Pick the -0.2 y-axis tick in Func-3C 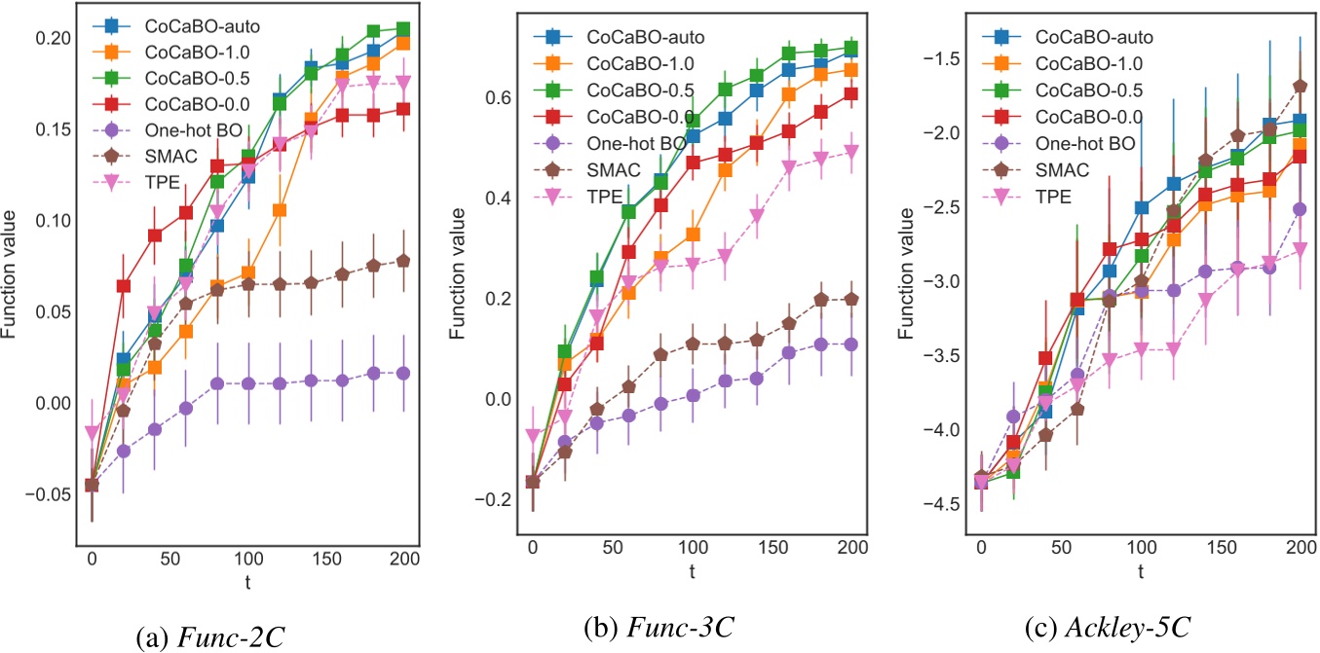pyautogui.click(x=496, y=499)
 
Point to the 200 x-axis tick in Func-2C pyautogui.click(x=404, y=560)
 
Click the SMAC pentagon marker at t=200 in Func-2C pyautogui.click(x=403, y=261)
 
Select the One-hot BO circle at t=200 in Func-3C pyautogui.click(x=849, y=345)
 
